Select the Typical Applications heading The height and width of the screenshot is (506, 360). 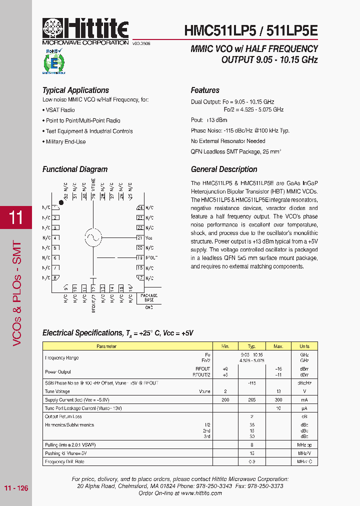coord(75,90)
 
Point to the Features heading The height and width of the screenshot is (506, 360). coord(205,90)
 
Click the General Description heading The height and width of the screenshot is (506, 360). coord(224,169)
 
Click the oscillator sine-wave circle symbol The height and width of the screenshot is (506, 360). coord(93,237)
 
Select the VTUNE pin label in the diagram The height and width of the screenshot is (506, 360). coord(93,185)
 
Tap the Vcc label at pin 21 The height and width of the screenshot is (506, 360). coord(148,237)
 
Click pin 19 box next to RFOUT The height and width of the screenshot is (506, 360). coord(140,257)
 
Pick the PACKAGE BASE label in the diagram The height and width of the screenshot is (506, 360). coord(148,297)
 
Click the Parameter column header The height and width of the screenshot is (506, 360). coord(106,346)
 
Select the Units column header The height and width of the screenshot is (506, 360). coord(304,346)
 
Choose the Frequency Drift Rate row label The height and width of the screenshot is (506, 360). coord(64,461)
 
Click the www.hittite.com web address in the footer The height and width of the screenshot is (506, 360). coord(201,492)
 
